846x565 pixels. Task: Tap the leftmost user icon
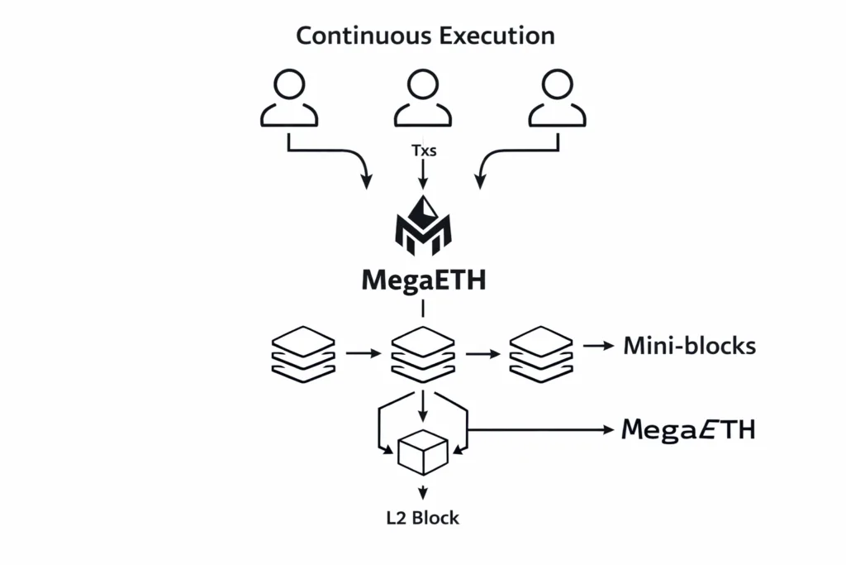pyautogui.click(x=288, y=98)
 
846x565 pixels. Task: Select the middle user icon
pyautogui.click(x=422, y=98)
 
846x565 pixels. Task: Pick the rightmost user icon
pyautogui.click(x=557, y=98)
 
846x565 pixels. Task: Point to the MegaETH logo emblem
pyautogui.click(x=423, y=223)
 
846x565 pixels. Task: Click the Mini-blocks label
pyautogui.click(x=689, y=346)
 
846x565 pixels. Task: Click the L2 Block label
pyautogui.click(x=423, y=519)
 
